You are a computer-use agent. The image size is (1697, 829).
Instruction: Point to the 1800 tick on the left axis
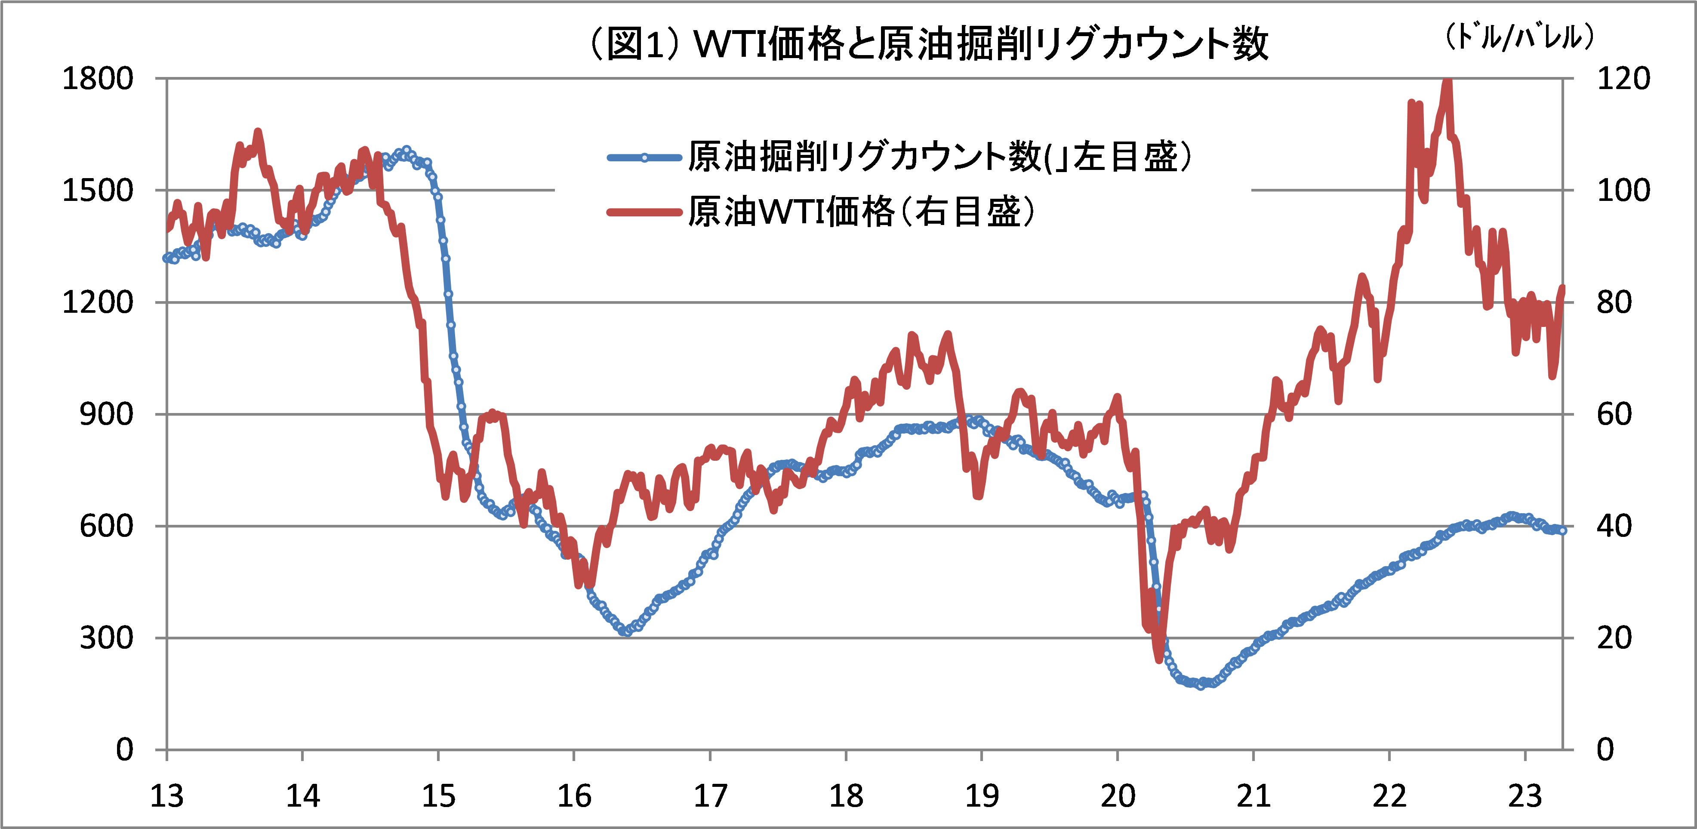98,79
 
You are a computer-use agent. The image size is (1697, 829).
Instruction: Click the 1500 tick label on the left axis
98,191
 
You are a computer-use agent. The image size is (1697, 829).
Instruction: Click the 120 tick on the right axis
1623,79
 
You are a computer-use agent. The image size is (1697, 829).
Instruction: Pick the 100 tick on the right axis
1623,191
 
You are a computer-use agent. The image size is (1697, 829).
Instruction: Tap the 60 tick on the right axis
1614,415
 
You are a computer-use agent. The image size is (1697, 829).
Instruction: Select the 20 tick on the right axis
1614,638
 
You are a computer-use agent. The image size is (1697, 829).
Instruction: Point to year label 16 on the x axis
574,796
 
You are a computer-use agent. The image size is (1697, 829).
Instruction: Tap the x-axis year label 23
1525,796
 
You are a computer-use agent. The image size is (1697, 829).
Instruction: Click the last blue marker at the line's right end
1563,530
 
